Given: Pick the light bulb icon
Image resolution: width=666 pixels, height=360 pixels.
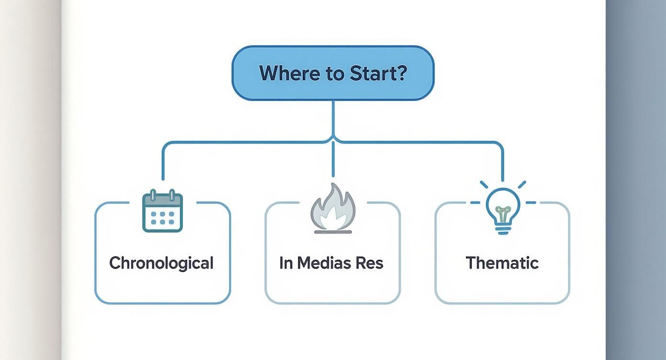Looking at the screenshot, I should tap(502, 209).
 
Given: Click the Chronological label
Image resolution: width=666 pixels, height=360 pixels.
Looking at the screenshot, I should tap(161, 263).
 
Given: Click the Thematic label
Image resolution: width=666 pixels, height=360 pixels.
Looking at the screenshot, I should tap(502, 263).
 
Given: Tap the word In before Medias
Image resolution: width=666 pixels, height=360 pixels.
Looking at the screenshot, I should tap(286, 263).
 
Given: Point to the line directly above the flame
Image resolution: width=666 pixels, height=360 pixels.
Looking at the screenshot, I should tap(333, 160).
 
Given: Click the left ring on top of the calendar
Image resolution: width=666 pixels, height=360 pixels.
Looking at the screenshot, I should tap(153, 195).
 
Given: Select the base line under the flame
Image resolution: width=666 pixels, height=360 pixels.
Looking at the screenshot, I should tap(333, 232).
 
